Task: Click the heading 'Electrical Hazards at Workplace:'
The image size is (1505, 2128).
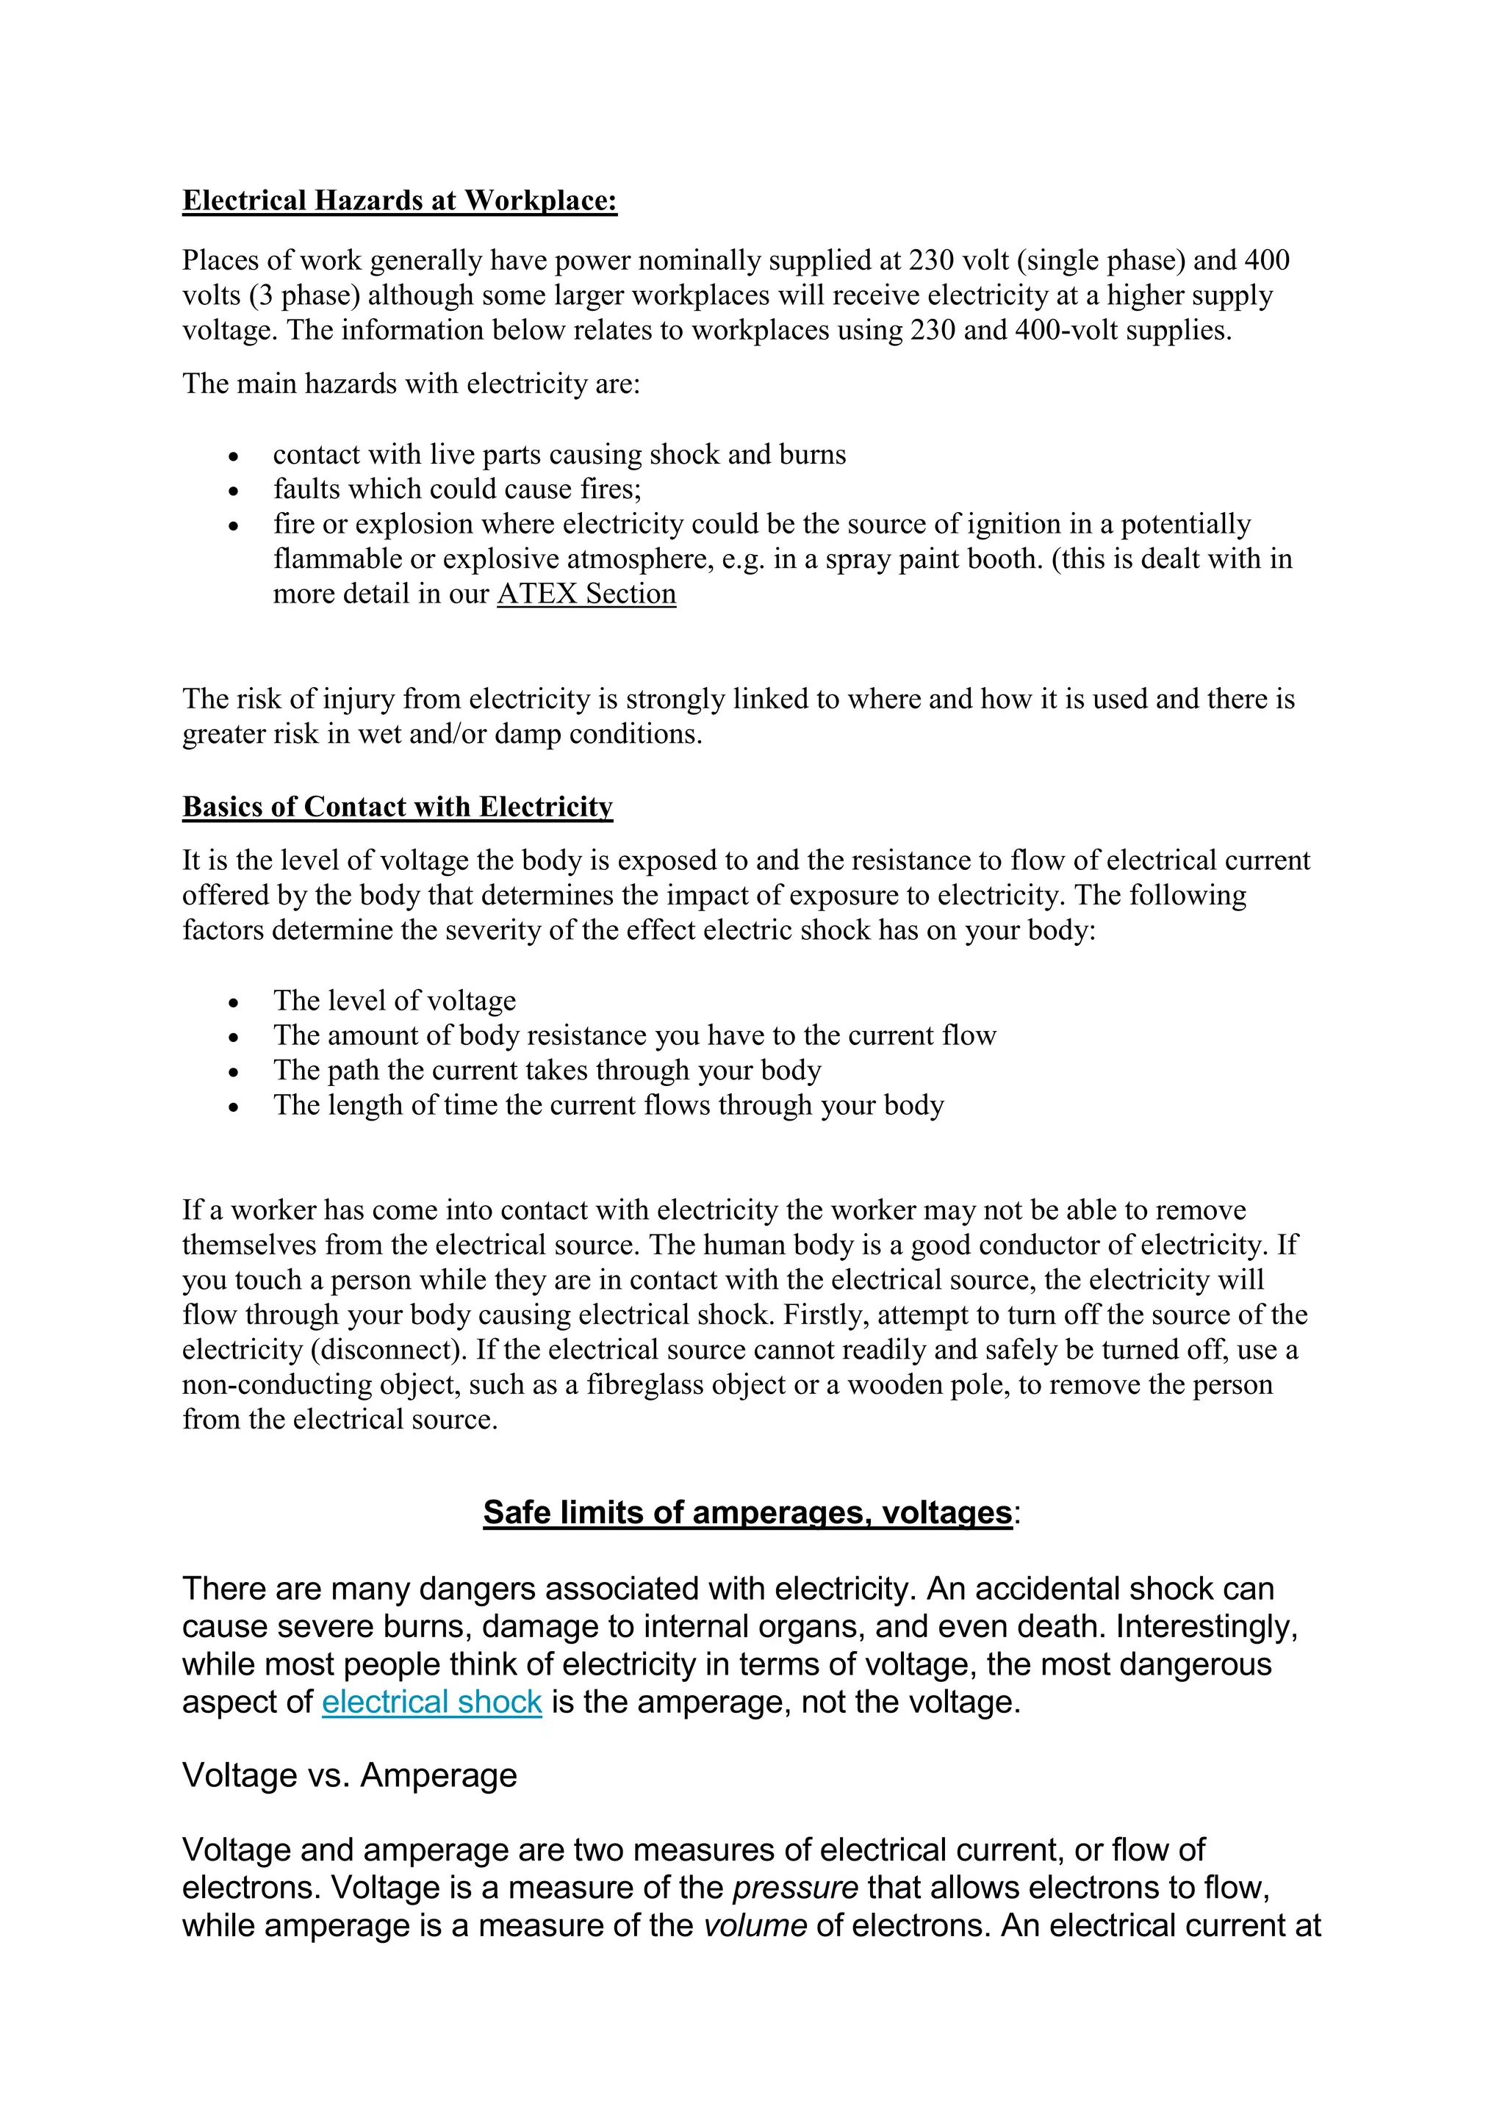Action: (x=400, y=201)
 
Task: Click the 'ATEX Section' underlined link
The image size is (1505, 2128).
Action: (x=586, y=594)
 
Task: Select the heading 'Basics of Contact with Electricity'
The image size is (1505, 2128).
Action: (x=397, y=808)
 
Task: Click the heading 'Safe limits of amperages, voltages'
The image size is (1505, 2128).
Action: (x=747, y=1512)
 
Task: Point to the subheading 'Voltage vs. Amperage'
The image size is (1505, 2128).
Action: (x=349, y=1776)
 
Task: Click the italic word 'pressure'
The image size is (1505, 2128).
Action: (x=795, y=1888)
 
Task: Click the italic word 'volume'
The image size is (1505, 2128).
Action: (x=755, y=1926)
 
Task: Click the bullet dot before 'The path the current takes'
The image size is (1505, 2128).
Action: (x=234, y=1072)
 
